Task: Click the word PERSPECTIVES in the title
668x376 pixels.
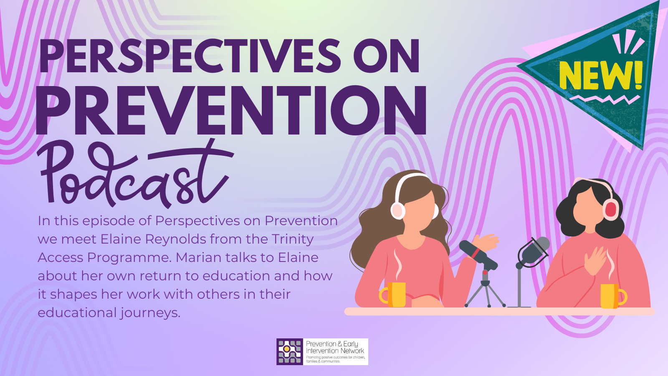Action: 190,56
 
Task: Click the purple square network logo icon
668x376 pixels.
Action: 290,351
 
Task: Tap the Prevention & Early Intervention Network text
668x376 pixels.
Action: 335,347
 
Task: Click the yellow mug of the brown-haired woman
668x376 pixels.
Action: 393,295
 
